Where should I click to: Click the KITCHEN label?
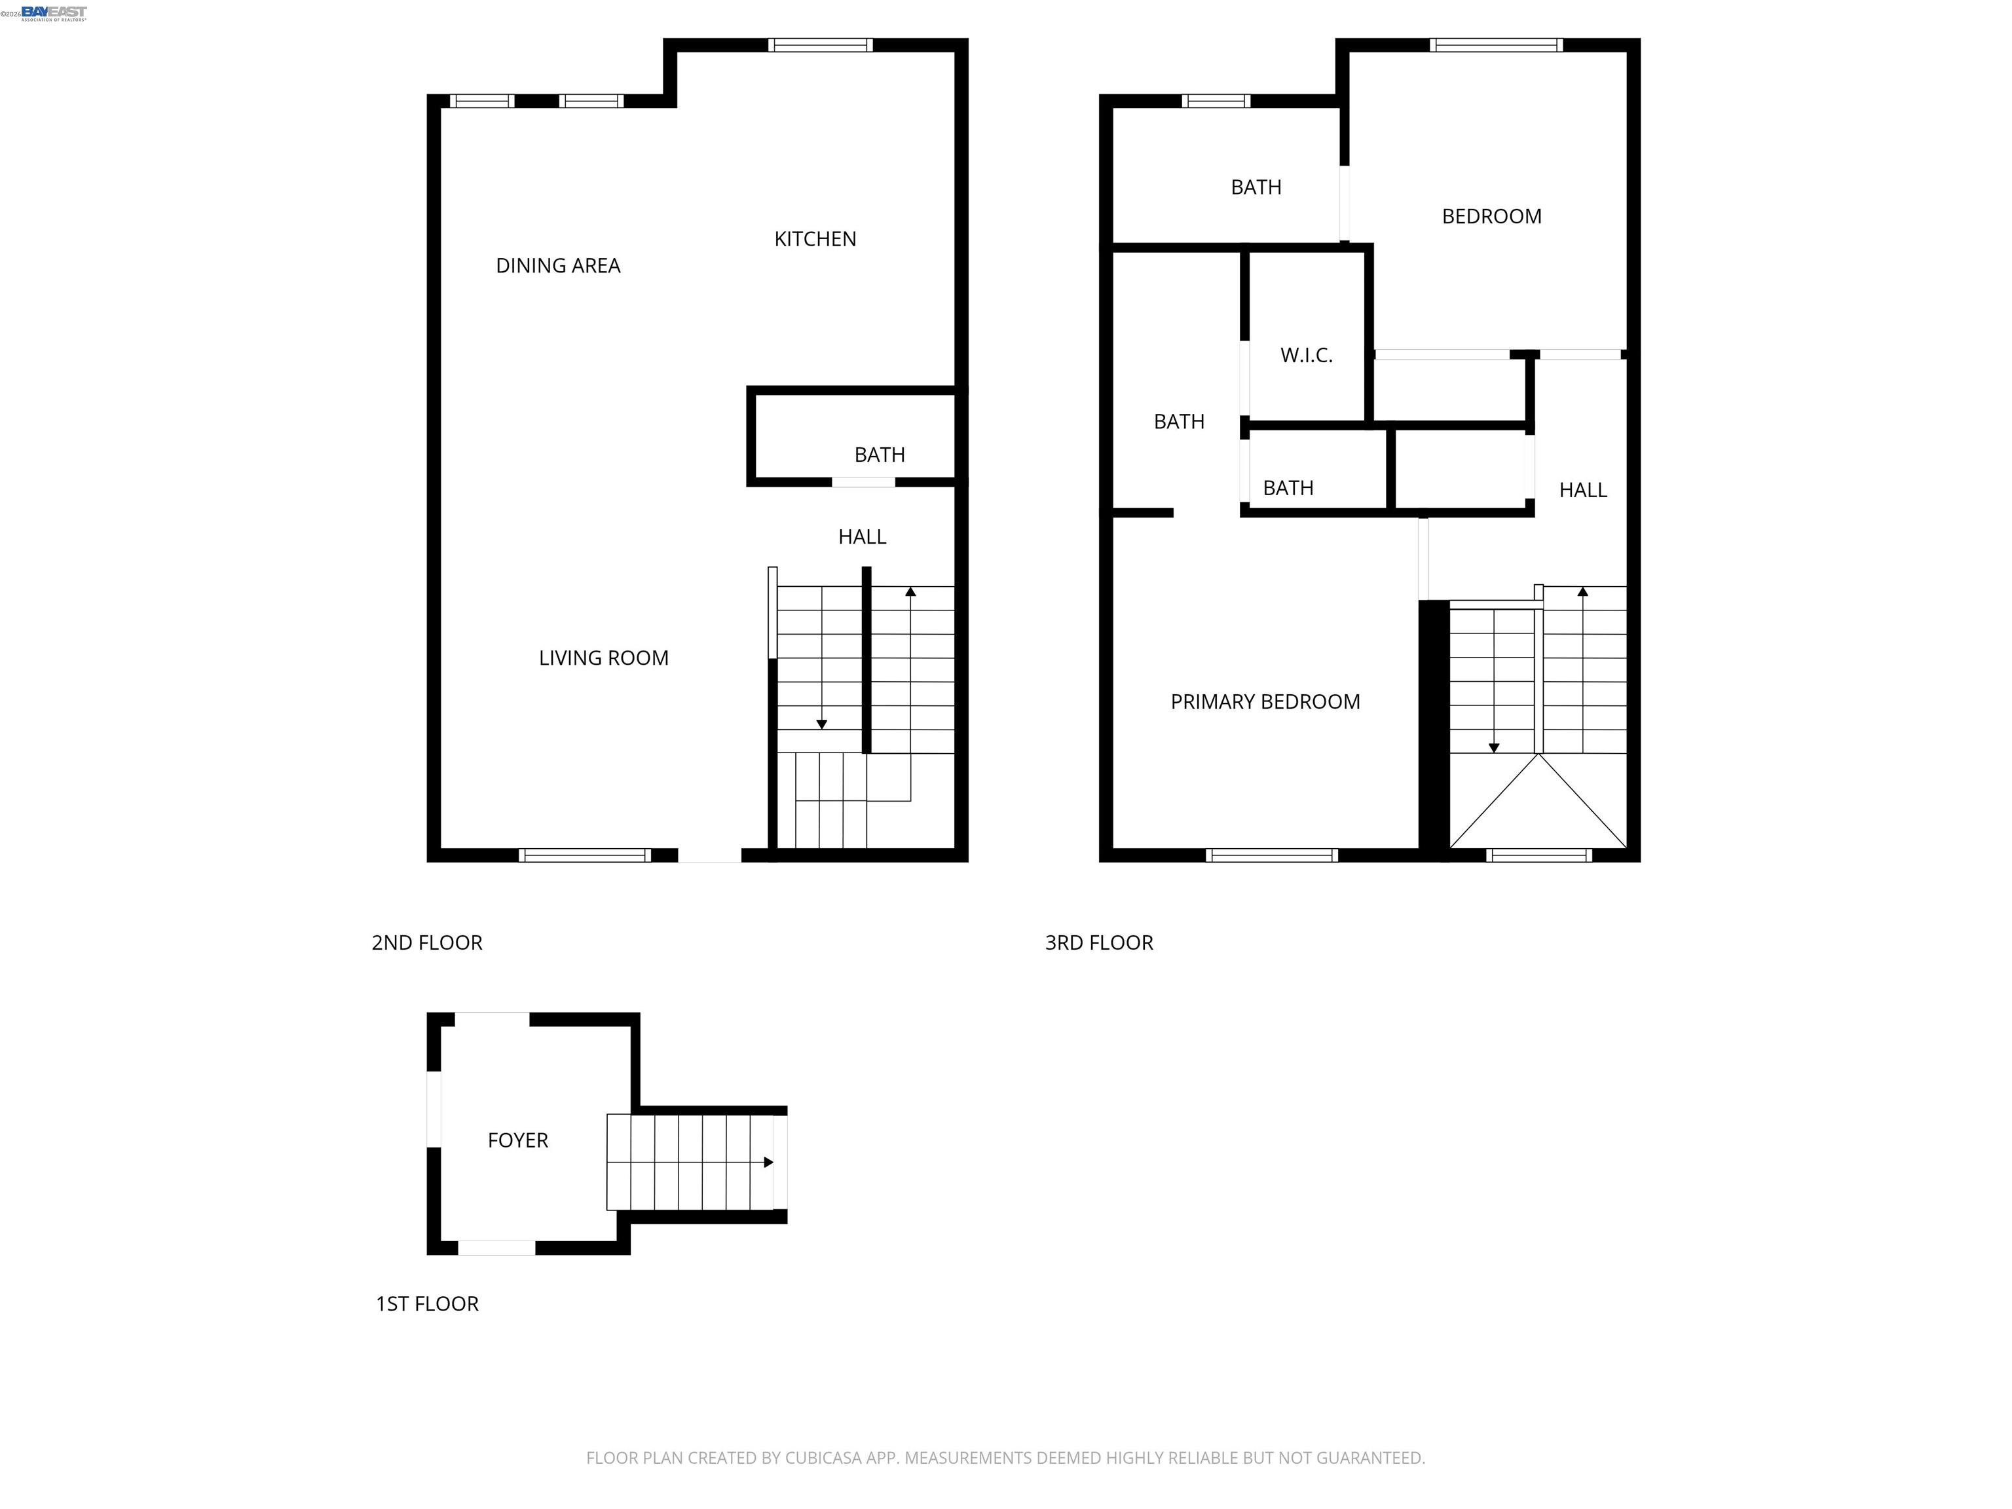point(815,239)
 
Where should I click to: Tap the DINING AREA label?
point(557,266)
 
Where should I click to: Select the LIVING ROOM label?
point(603,658)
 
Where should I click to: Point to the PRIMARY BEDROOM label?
point(1265,701)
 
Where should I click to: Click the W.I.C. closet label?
point(1306,356)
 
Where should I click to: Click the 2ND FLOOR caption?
point(426,942)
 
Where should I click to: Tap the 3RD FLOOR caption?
point(1099,942)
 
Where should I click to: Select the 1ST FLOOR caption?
point(426,1303)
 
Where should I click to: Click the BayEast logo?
point(54,12)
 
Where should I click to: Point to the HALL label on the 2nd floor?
point(863,536)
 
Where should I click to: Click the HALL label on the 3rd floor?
point(1582,491)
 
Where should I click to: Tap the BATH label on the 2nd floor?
point(880,455)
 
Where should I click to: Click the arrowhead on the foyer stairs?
point(769,1163)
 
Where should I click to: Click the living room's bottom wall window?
point(585,855)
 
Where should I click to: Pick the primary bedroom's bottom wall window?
point(1272,855)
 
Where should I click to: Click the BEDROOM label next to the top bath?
point(1492,217)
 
